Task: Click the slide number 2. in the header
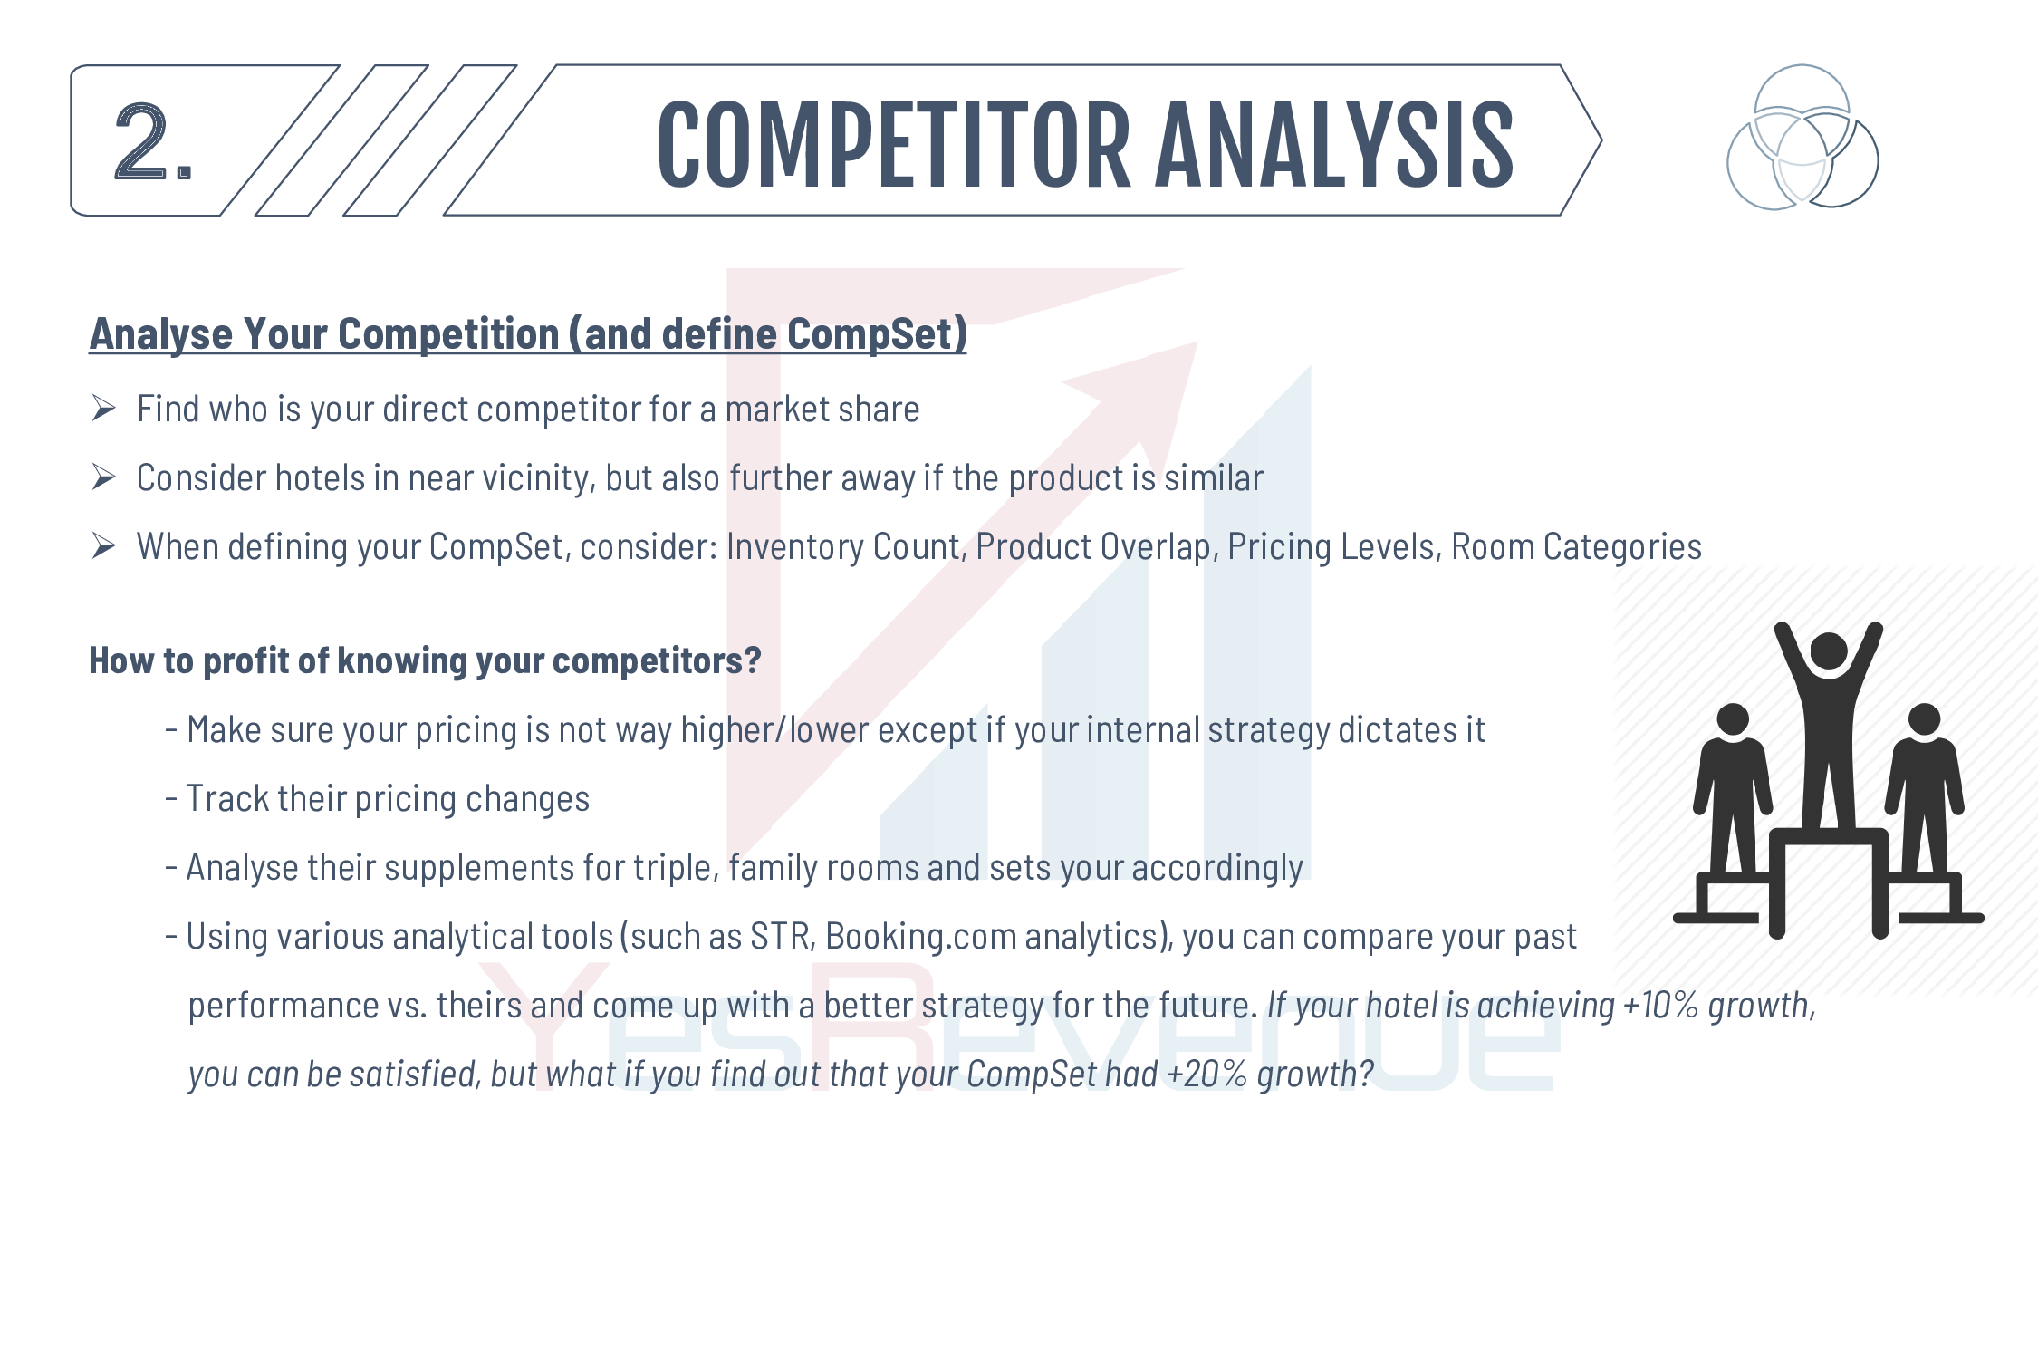(x=153, y=141)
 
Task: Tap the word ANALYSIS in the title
(x=1334, y=145)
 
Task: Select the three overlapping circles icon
(x=1802, y=137)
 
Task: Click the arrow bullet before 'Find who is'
(x=103, y=409)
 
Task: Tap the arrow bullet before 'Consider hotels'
(x=103, y=477)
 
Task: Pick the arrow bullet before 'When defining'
(x=103, y=546)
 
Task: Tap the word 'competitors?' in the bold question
(x=657, y=661)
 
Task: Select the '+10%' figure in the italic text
(x=1660, y=1006)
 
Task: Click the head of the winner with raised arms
(x=1829, y=651)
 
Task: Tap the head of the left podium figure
(x=1733, y=719)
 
